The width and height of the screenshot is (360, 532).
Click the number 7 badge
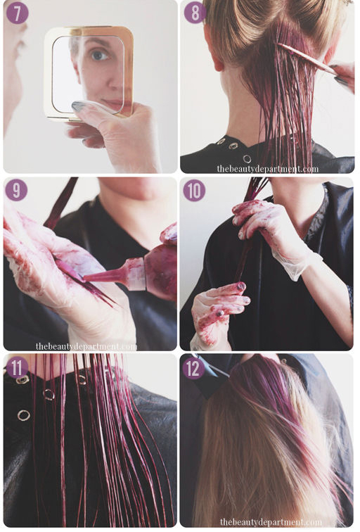[17, 13]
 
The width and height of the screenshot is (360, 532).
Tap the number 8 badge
[195, 13]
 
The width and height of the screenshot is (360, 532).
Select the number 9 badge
[16, 190]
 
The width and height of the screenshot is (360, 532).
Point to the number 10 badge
[195, 190]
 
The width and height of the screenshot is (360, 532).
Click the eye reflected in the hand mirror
[98, 56]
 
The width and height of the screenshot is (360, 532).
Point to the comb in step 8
[307, 58]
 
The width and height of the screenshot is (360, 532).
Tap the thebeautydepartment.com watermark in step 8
[267, 168]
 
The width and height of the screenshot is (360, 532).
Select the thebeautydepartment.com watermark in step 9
[86, 346]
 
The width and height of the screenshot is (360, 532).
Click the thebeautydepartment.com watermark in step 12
[271, 522]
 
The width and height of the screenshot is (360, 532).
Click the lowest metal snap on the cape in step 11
[23, 415]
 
